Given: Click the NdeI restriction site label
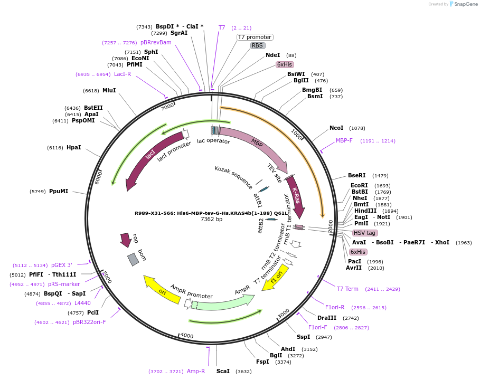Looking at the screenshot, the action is [273, 55].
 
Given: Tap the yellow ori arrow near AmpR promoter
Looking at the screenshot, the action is [162, 290].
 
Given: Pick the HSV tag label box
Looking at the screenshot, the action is [365, 233].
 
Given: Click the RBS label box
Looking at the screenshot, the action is [257, 45].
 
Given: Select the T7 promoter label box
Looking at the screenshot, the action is [255, 37].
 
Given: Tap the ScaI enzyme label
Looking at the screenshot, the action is [223, 371].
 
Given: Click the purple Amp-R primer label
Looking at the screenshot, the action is [196, 371].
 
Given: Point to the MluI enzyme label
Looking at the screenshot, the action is [109, 90].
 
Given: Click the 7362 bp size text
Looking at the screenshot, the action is [211, 219].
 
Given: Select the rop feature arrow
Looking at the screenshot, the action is [126, 239].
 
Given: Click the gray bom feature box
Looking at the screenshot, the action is [133, 259].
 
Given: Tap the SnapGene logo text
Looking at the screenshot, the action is [463, 4].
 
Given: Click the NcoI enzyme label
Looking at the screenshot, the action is [336, 128].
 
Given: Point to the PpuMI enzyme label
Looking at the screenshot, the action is [59, 191].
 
